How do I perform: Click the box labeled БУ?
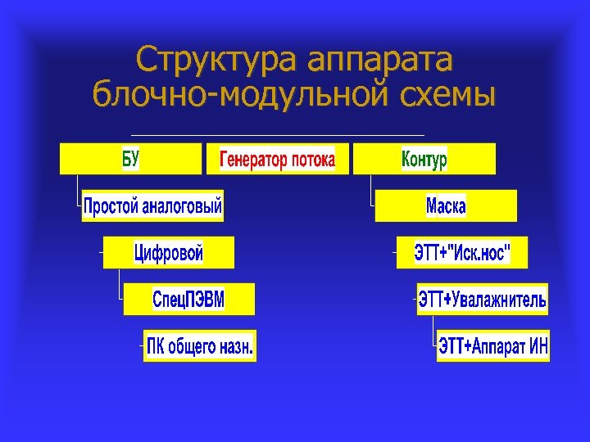pyautogui.click(x=130, y=159)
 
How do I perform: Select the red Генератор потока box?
pyautogui.click(x=277, y=159)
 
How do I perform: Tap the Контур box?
pyautogui.click(x=424, y=159)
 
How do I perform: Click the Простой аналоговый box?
pyautogui.click(x=153, y=205)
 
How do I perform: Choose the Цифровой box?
pyautogui.click(x=169, y=253)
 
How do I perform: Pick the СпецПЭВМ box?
pyautogui.click(x=189, y=300)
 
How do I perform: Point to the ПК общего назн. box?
pyautogui.click(x=201, y=346)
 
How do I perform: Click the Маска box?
pyautogui.click(x=446, y=205)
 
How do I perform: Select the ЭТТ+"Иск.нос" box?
pyautogui.click(x=462, y=253)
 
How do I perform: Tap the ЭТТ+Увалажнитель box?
pyautogui.click(x=483, y=300)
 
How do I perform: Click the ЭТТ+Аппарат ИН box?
pyautogui.click(x=493, y=346)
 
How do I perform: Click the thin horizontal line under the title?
pyautogui.click(x=277, y=134)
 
